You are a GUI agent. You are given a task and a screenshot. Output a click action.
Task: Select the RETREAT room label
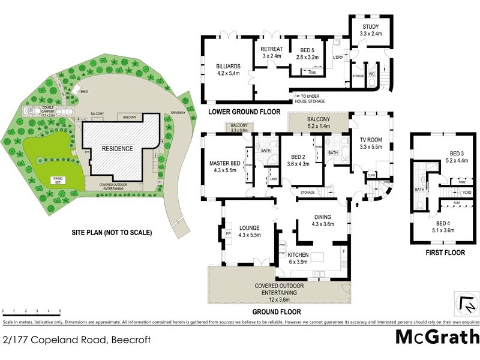pyautogui.click(x=269, y=50)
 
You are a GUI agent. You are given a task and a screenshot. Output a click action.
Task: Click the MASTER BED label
pyautogui.click(x=224, y=163)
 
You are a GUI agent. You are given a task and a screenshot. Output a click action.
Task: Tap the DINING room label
pyautogui.click(x=323, y=218)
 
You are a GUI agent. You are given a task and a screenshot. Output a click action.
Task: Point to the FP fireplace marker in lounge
pyautogui.click(x=228, y=233)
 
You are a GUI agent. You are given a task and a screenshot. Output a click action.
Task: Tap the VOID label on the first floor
pyautogui.click(x=467, y=193)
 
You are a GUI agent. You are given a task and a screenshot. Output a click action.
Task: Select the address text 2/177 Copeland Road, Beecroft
pyautogui.click(x=76, y=340)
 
